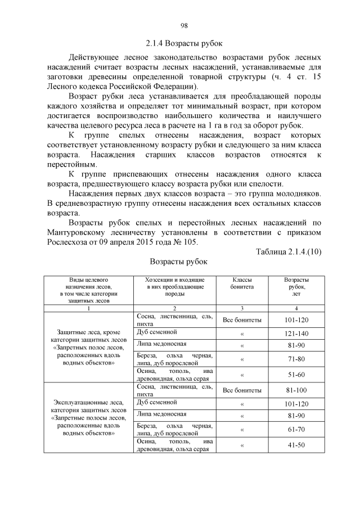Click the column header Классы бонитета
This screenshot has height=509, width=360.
242,283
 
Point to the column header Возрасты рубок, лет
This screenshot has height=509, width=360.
296,286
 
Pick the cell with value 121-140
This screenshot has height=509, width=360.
296,334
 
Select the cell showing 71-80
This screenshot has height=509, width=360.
296,359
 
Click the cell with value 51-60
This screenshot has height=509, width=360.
296,375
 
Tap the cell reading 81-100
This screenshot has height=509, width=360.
296,390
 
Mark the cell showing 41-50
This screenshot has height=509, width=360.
296,445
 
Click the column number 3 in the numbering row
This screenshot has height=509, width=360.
242,308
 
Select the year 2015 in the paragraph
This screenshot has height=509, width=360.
141,242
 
